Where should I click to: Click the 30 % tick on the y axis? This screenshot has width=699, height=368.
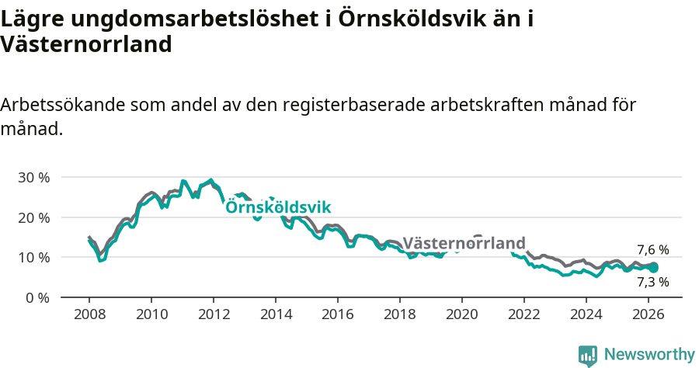(33, 178)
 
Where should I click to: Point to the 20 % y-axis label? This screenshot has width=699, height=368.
(33, 217)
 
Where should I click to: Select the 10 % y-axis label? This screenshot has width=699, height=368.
(33, 258)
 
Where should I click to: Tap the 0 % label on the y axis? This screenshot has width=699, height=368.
(37, 297)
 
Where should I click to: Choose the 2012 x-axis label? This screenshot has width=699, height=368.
(213, 315)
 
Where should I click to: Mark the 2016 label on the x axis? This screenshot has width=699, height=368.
(337, 315)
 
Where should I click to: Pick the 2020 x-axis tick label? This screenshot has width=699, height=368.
(461, 315)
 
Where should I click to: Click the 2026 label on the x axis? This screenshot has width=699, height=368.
(648, 315)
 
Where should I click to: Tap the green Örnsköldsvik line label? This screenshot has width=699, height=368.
(278, 207)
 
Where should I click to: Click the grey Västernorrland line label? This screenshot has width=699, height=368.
(464, 242)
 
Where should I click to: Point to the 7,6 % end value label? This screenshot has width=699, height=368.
(652, 250)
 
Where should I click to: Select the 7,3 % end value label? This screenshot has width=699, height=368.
(652, 282)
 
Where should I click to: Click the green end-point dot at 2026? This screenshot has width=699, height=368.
(653, 268)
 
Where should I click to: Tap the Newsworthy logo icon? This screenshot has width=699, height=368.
(588, 355)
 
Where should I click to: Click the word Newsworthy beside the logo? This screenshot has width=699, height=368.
(649, 355)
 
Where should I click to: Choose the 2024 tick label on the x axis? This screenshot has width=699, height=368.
(586, 315)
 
